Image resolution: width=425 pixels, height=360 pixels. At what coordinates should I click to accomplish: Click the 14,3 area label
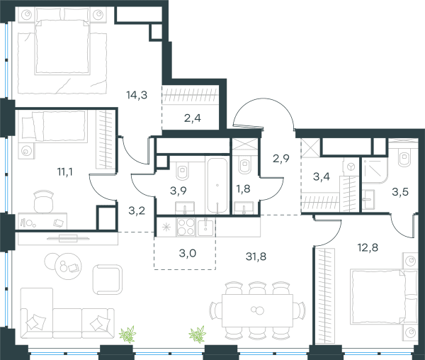[x=137, y=95]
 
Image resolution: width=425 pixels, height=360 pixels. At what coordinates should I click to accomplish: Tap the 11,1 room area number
[x=64, y=172]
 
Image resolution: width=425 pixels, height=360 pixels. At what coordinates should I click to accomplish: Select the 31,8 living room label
[x=256, y=256]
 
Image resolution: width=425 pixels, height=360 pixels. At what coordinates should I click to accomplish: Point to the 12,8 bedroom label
[x=368, y=247]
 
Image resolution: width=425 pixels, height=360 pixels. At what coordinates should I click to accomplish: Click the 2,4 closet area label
[x=193, y=118]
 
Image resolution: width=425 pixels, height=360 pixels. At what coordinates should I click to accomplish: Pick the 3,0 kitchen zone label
[x=188, y=254]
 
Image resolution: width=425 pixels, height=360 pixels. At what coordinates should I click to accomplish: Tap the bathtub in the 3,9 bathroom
[x=217, y=186]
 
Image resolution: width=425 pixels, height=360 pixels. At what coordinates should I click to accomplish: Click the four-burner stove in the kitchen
[x=186, y=227]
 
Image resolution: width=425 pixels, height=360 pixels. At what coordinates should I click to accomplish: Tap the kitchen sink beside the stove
[x=205, y=227]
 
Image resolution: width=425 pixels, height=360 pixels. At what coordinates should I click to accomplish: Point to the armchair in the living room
[x=107, y=279]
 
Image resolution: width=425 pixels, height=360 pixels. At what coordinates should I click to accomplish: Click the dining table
[x=257, y=310]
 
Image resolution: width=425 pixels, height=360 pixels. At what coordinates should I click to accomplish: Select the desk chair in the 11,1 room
[x=43, y=201]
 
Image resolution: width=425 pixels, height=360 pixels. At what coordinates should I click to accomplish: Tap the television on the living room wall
[x=68, y=239]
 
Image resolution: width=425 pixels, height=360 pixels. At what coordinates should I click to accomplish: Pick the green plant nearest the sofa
[x=127, y=334]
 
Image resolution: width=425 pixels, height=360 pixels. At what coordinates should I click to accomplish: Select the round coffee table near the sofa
[x=68, y=264]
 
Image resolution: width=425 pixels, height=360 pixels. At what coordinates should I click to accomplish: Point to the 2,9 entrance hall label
[x=281, y=158]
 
